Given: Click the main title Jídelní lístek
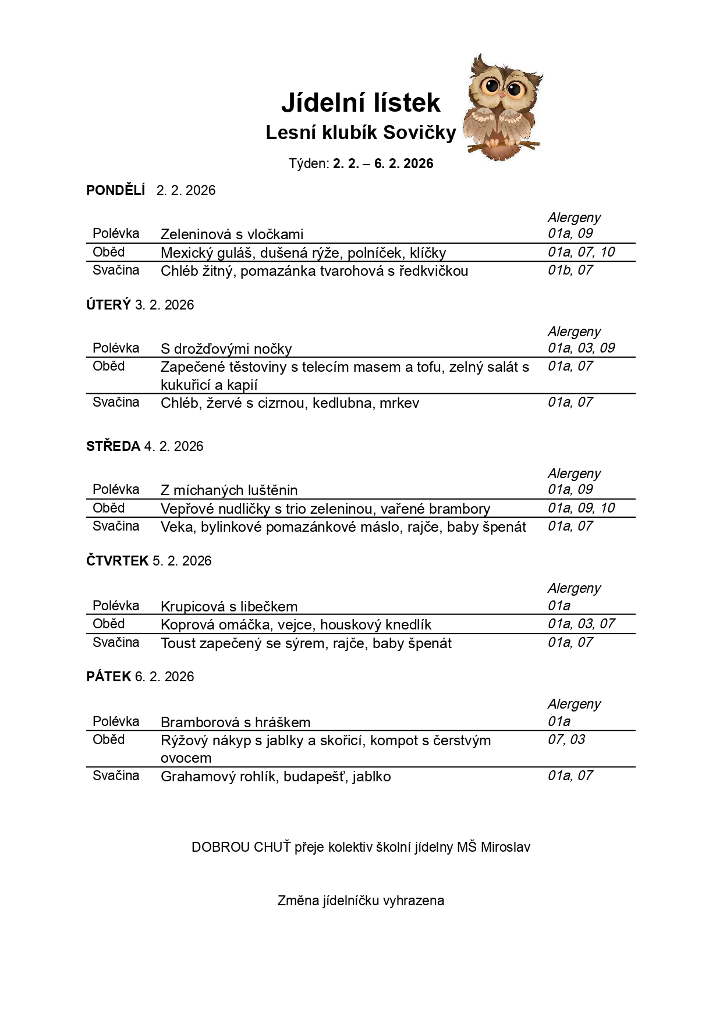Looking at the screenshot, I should pyautogui.click(x=360, y=103).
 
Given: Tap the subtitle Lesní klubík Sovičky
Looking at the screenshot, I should pyautogui.click(x=360, y=133).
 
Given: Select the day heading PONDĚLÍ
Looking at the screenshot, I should pyautogui.click(x=115, y=190).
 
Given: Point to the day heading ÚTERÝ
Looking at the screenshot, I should pyautogui.click(x=108, y=305).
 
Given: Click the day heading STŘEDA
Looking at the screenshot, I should pyautogui.click(x=113, y=446).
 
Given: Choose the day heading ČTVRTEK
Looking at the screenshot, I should pyautogui.click(x=117, y=561).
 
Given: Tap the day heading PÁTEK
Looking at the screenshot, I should pyautogui.click(x=108, y=677).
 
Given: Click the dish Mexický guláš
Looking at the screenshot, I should pyautogui.click(x=207, y=253).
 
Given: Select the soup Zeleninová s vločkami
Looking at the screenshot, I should pyautogui.click(x=232, y=234).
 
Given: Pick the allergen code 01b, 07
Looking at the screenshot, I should pyautogui.click(x=570, y=270).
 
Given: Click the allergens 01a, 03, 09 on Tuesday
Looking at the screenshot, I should pyautogui.click(x=581, y=348).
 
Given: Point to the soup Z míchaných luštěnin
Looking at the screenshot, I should pyautogui.click(x=229, y=490).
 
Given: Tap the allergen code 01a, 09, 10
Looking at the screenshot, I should pyautogui.click(x=581, y=508).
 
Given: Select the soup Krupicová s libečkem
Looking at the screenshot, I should pyautogui.click(x=229, y=607).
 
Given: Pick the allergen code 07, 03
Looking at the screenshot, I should pyautogui.click(x=566, y=739).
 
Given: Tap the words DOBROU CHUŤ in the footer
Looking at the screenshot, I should pyautogui.click(x=241, y=847).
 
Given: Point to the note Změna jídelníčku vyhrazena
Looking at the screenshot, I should pyautogui.click(x=360, y=901).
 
